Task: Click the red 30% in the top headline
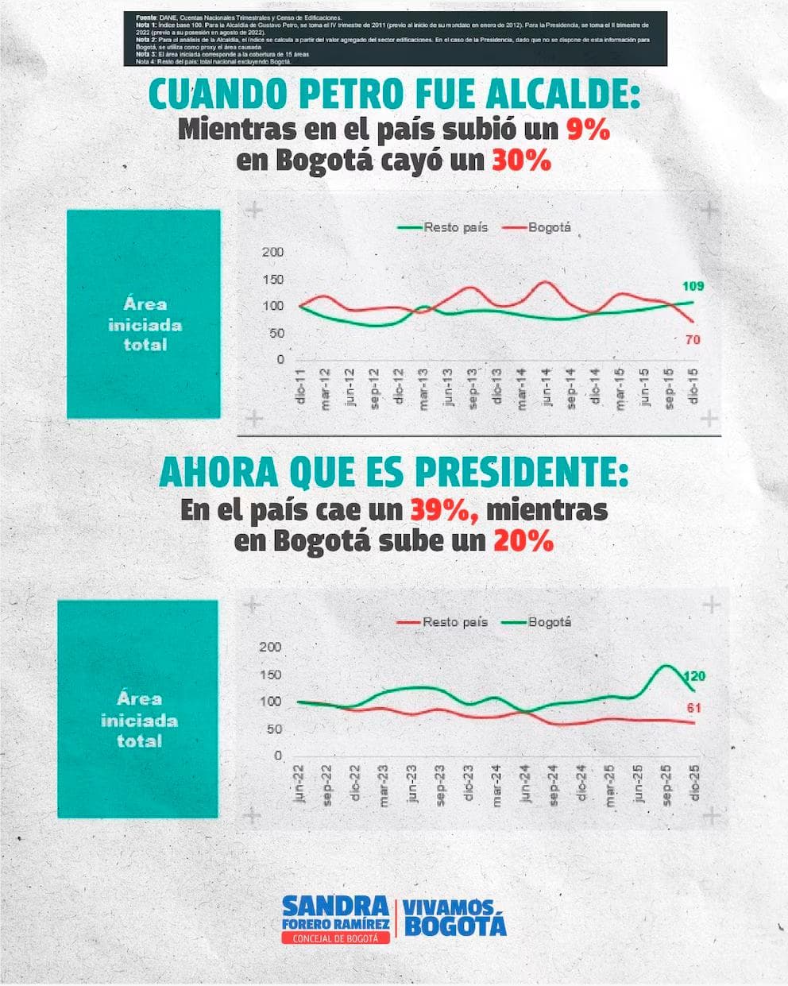pos(521,160)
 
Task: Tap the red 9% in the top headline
pos(587,129)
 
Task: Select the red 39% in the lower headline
pos(444,510)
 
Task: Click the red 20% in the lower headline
pos(523,542)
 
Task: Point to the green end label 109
pos(693,286)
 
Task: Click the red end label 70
pos(691,340)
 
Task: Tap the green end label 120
pos(694,676)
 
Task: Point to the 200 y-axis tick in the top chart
pos(272,253)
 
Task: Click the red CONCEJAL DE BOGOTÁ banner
pos(336,938)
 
